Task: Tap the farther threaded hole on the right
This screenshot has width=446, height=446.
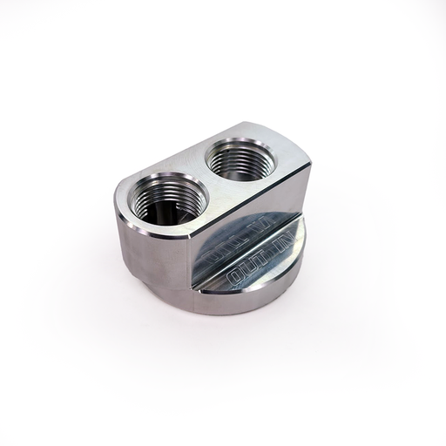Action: (243, 159)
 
